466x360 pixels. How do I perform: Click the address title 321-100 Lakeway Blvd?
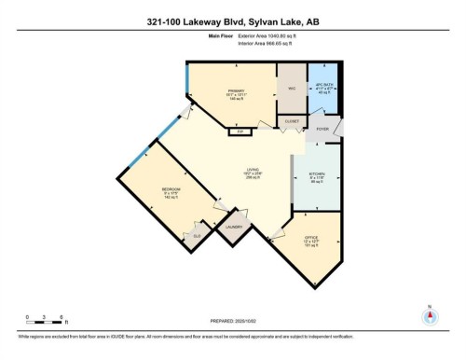[233, 20]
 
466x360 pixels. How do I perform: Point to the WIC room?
[291, 90]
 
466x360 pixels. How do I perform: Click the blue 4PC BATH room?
[323, 90]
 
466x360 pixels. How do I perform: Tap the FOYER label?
[323, 130]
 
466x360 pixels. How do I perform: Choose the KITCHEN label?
[317, 177]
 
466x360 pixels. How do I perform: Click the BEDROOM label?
[171, 191]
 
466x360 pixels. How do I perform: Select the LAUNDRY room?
[235, 227]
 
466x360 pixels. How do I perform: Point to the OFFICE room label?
[310, 240]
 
